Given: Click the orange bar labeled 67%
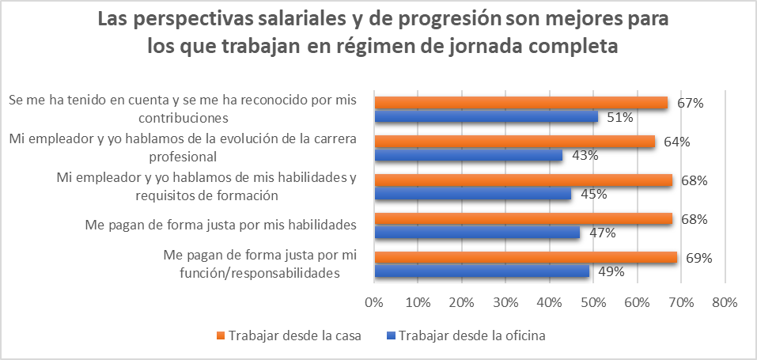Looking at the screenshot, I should click(x=520, y=103).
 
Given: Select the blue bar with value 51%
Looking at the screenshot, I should click(x=486, y=117).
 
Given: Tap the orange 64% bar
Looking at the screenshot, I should click(x=514, y=142).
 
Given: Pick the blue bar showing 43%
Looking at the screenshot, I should click(x=468, y=156).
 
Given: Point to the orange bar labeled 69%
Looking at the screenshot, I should click(x=525, y=258).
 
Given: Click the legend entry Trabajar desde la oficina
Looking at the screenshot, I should click(x=471, y=335).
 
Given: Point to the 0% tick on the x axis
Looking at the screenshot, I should click(x=373, y=301).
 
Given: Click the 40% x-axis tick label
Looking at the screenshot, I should click(x=549, y=301).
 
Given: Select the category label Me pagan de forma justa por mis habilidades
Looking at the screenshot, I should click(x=220, y=225).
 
